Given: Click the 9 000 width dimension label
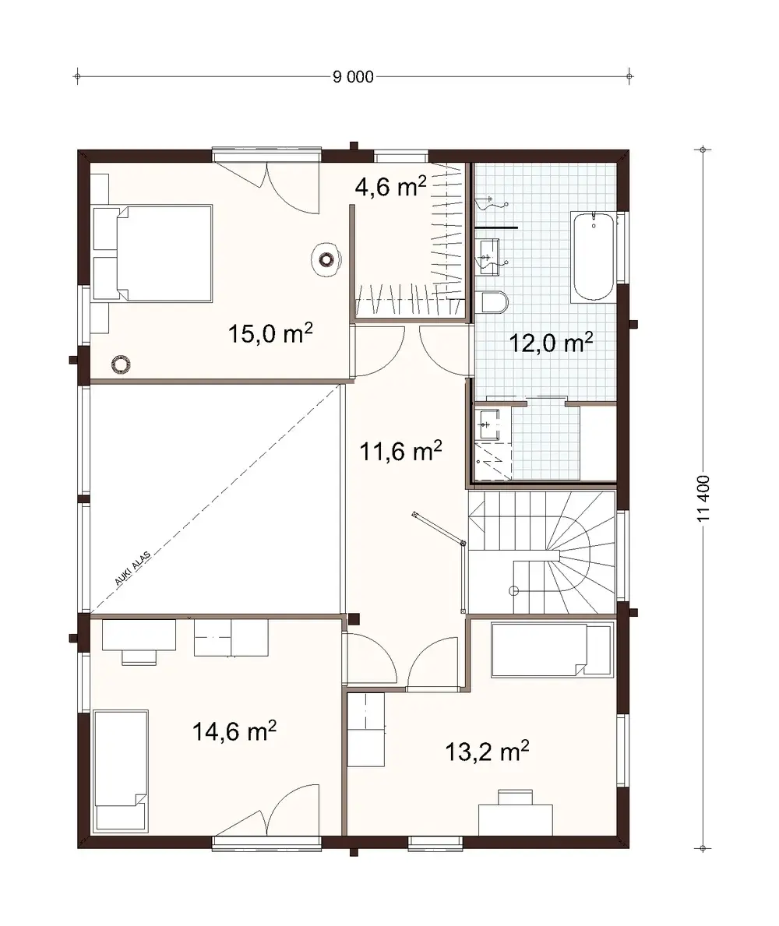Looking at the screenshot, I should (353, 76).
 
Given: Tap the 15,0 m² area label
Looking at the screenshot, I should (270, 334).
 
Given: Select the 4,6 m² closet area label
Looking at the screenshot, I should (390, 187).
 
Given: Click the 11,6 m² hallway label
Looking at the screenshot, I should (400, 450).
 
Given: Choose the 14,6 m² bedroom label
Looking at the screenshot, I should (234, 731).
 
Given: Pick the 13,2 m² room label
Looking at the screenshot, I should (488, 752).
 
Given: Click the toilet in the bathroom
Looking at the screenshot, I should (494, 302).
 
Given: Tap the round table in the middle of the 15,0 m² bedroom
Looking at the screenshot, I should (326, 259).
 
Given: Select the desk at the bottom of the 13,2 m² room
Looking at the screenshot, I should (515, 818).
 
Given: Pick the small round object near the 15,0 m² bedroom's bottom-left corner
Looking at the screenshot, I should (120, 364).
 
